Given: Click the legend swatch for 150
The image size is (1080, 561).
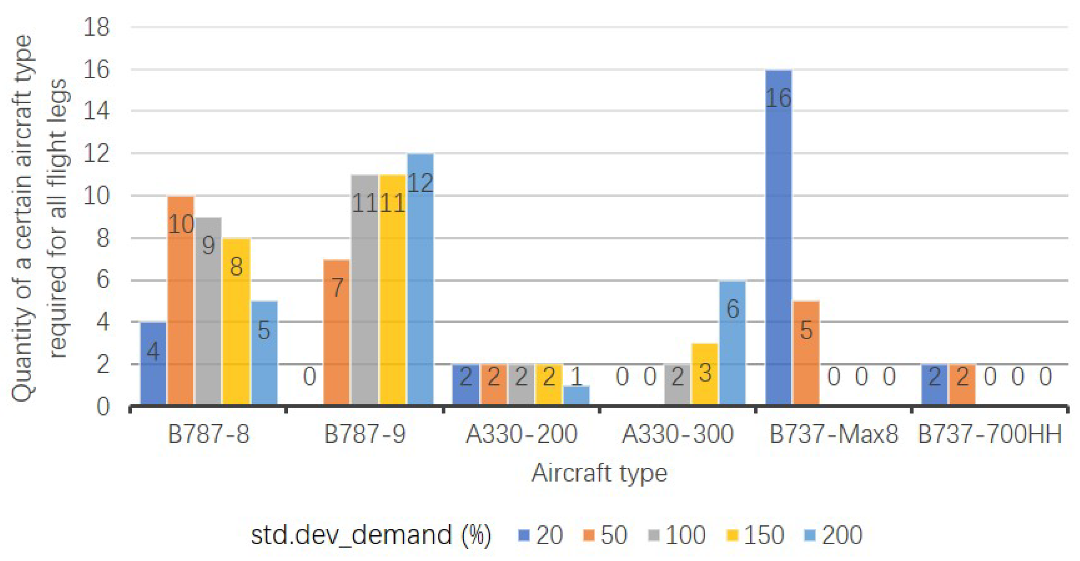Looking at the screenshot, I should [732, 535].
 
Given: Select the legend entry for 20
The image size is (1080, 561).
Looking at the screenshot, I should [541, 535].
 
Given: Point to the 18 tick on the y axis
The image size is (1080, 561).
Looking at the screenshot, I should [96, 28].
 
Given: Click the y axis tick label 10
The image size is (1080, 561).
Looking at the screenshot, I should [96, 196].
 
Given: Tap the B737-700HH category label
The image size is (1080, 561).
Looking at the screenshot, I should [989, 434].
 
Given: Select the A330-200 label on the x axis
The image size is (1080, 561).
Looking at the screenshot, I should [521, 434].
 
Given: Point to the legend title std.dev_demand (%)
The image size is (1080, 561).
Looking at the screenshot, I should [371, 535].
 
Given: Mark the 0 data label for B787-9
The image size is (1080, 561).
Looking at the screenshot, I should [309, 376].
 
